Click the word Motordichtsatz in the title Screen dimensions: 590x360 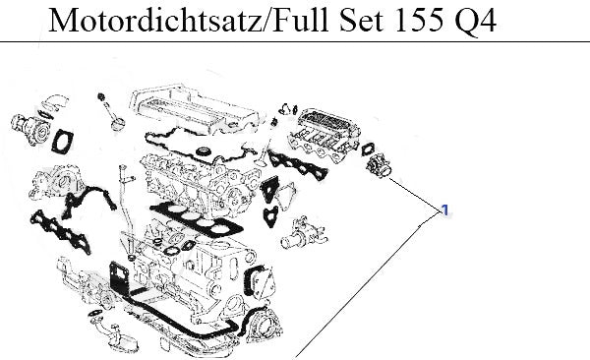[x=155, y=20]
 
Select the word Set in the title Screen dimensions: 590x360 [x=361, y=20]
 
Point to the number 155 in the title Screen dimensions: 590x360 [x=418, y=20]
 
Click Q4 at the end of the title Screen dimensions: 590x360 [x=475, y=22]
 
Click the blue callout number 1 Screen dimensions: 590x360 [x=445, y=210]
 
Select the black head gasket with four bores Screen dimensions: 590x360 [x=196, y=218]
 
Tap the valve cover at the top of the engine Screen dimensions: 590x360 [x=194, y=109]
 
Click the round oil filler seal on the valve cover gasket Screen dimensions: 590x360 [x=204, y=151]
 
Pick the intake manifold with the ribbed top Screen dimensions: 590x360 [x=324, y=134]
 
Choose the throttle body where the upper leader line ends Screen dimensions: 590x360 [x=379, y=166]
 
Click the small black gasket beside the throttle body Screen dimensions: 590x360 [x=368, y=149]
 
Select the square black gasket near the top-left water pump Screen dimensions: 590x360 [x=63, y=141]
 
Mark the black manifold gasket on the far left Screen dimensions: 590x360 [x=60, y=231]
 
